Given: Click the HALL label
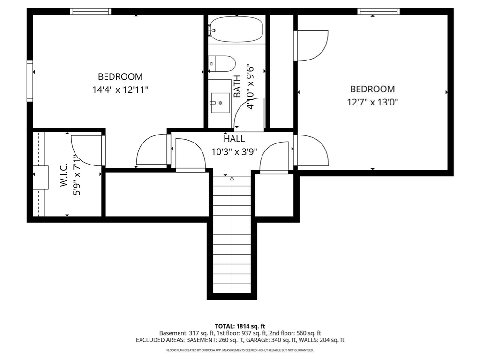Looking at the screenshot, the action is pyautogui.click(x=234, y=139).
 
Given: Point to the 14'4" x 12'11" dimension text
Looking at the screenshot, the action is pyautogui.click(x=120, y=90).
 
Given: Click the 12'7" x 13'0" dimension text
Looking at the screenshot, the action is pyautogui.click(x=372, y=102).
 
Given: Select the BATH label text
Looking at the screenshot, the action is pyautogui.click(x=237, y=86).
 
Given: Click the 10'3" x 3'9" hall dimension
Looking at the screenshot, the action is pyautogui.click(x=234, y=151).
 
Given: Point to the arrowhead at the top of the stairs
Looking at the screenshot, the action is pyautogui.click(x=232, y=178).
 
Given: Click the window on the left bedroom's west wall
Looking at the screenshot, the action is pyautogui.click(x=30, y=81).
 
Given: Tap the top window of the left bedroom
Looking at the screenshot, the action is pyautogui.click(x=90, y=12).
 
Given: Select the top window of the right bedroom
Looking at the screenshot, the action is pyautogui.click(x=379, y=12).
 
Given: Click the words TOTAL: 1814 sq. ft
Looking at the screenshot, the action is pyautogui.click(x=240, y=326).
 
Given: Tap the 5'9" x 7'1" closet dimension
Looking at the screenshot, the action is pyautogui.click(x=76, y=175).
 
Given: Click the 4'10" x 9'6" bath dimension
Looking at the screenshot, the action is pyautogui.click(x=250, y=86).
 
